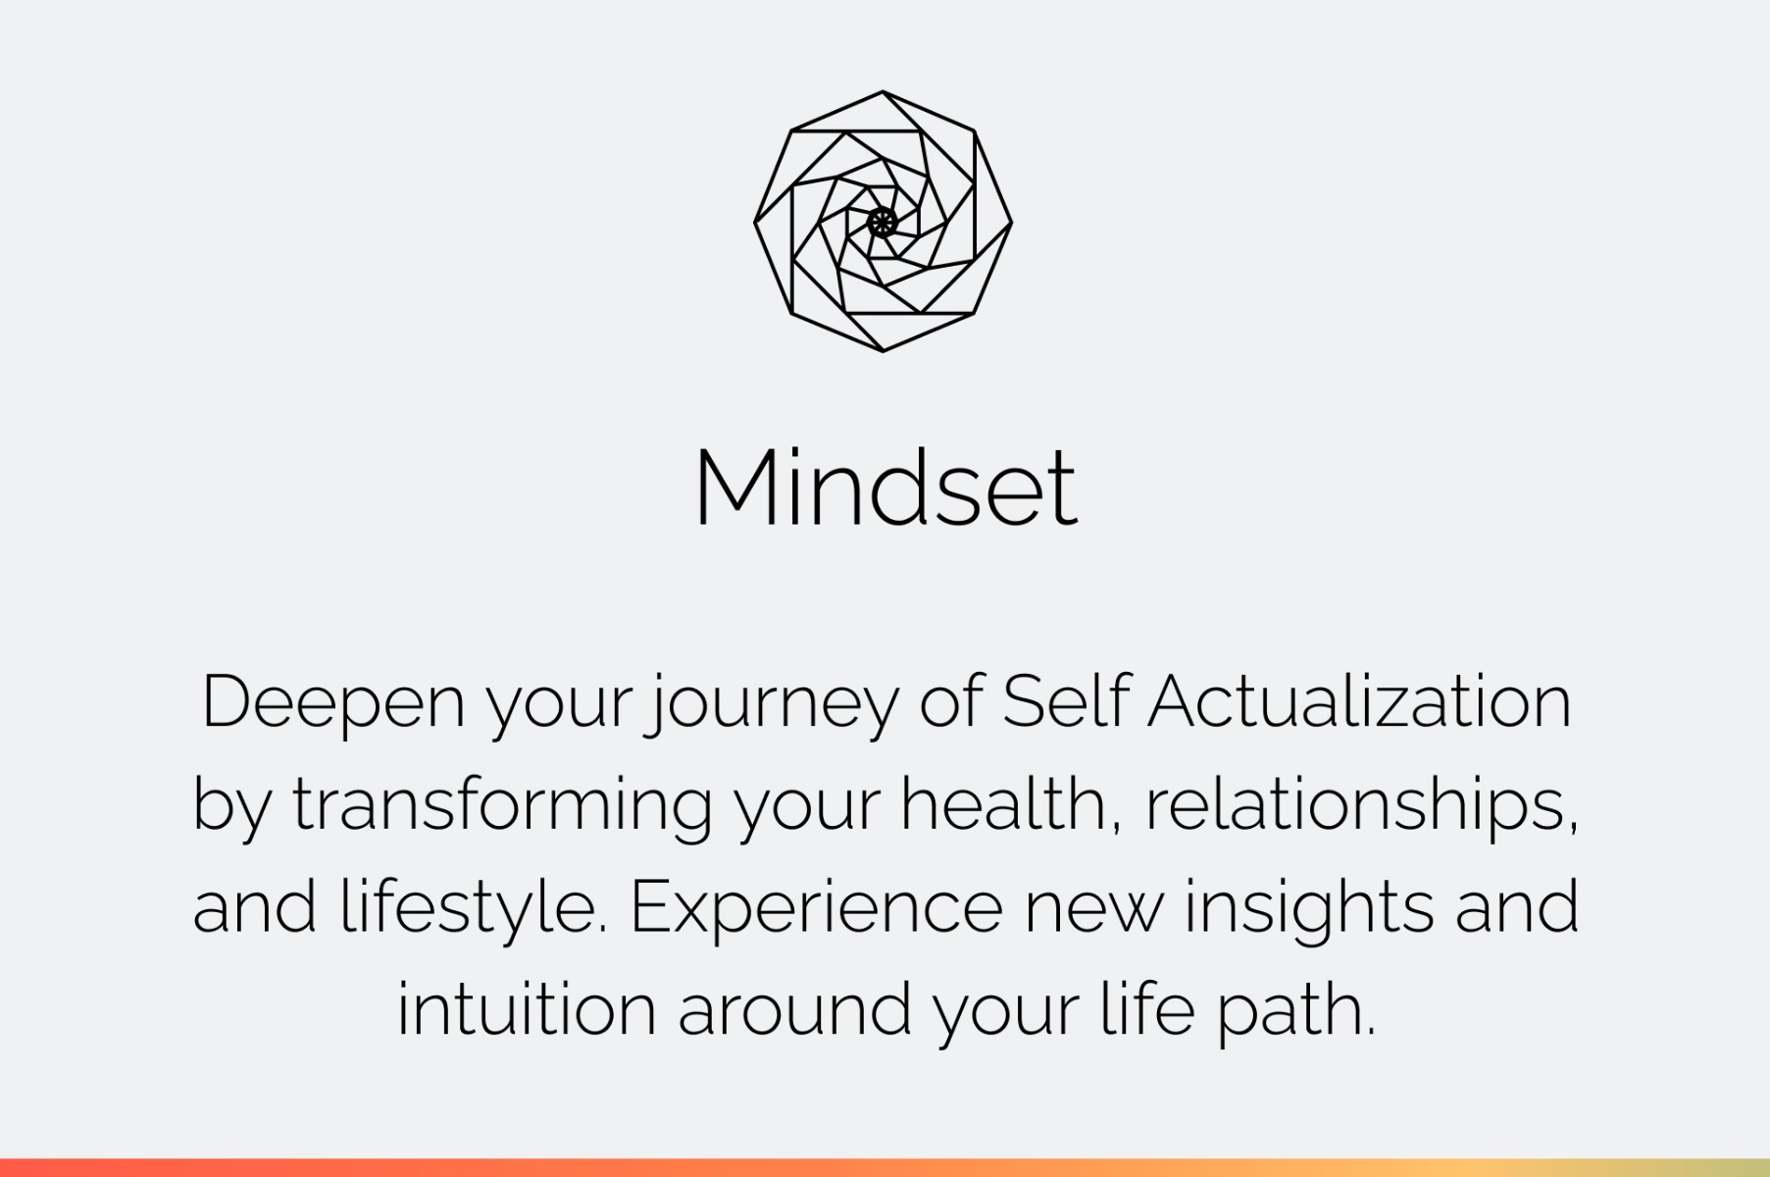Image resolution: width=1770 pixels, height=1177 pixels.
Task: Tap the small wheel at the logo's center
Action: tap(883, 222)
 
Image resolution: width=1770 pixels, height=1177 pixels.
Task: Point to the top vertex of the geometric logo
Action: tap(883, 92)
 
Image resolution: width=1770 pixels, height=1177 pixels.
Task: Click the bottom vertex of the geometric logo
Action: tap(883, 350)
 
